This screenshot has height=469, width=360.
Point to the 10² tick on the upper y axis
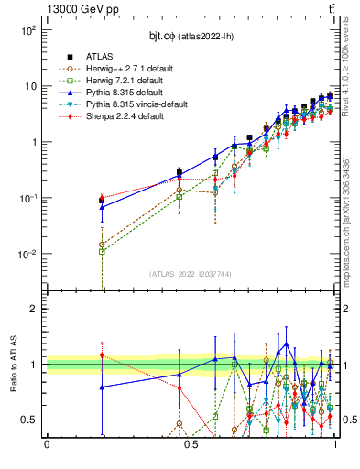28,30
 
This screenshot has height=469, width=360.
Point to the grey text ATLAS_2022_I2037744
191,273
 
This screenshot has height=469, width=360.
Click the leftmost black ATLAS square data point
102,200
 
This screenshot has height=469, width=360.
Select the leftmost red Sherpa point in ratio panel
102,355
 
